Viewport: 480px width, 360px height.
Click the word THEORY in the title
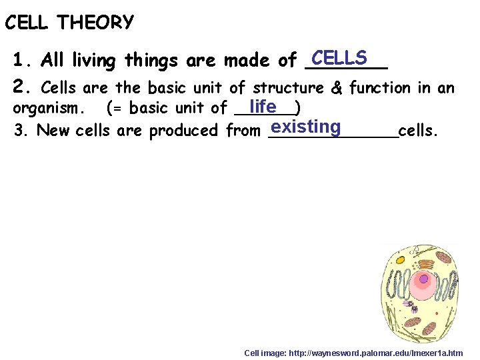pos(95,23)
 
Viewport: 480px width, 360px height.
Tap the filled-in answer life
pos(262,106)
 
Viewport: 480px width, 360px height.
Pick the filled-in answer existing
pos(306,127)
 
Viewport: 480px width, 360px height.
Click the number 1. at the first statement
pos(23,61)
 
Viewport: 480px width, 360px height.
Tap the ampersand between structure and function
pos(336,87)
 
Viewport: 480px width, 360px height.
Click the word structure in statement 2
pos(289,87)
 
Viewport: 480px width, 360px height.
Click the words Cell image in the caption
pos(264,353)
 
